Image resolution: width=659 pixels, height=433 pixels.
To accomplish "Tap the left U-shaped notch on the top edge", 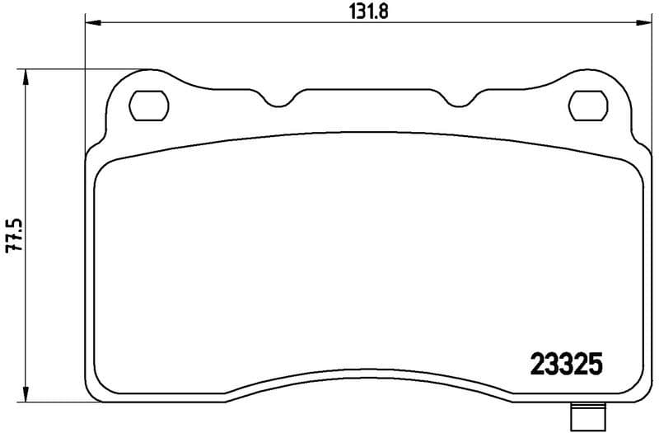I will [280, 101].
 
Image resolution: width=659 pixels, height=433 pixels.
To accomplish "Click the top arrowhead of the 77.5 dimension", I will [27, 76].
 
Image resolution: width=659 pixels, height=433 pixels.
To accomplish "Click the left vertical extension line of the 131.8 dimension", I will [86, 82].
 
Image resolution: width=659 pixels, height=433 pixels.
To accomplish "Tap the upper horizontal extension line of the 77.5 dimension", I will [82, 69].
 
